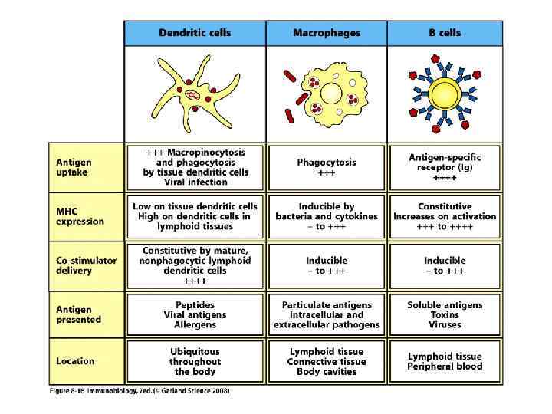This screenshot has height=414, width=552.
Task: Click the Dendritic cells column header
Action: click(x=195, y=33)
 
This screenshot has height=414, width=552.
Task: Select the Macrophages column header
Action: click(x=327, y=33)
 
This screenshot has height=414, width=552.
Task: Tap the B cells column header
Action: click(x=445, y=33)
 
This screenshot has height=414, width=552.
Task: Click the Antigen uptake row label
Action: click(x=74, y=167)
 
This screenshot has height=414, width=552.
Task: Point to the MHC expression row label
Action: click(x=79, y=216)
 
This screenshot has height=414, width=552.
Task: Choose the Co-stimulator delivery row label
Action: click(x=86, y=265)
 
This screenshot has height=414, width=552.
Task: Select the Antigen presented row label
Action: click(x=78, y=314)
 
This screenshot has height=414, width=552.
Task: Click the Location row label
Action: click(x=75, y=361)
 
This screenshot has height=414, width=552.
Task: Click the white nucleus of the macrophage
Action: click(x=331, y=94)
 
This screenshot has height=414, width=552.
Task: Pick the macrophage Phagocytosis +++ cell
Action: click(x=327, y=167)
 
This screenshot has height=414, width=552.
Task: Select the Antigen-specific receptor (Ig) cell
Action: click(x=445, y=167)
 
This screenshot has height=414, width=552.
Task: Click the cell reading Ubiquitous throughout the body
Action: click(x=195, y=361)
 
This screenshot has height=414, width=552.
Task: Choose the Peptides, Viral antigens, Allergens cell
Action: click(x=195, y=314)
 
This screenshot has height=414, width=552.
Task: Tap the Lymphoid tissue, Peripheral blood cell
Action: click(x=445, y=361)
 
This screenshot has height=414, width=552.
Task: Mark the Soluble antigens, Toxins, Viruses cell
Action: click(x=445, y=314)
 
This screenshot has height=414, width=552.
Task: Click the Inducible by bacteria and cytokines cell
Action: click(x=327, y=216)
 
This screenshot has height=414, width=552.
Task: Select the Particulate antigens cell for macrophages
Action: click(x=327, y=314)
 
